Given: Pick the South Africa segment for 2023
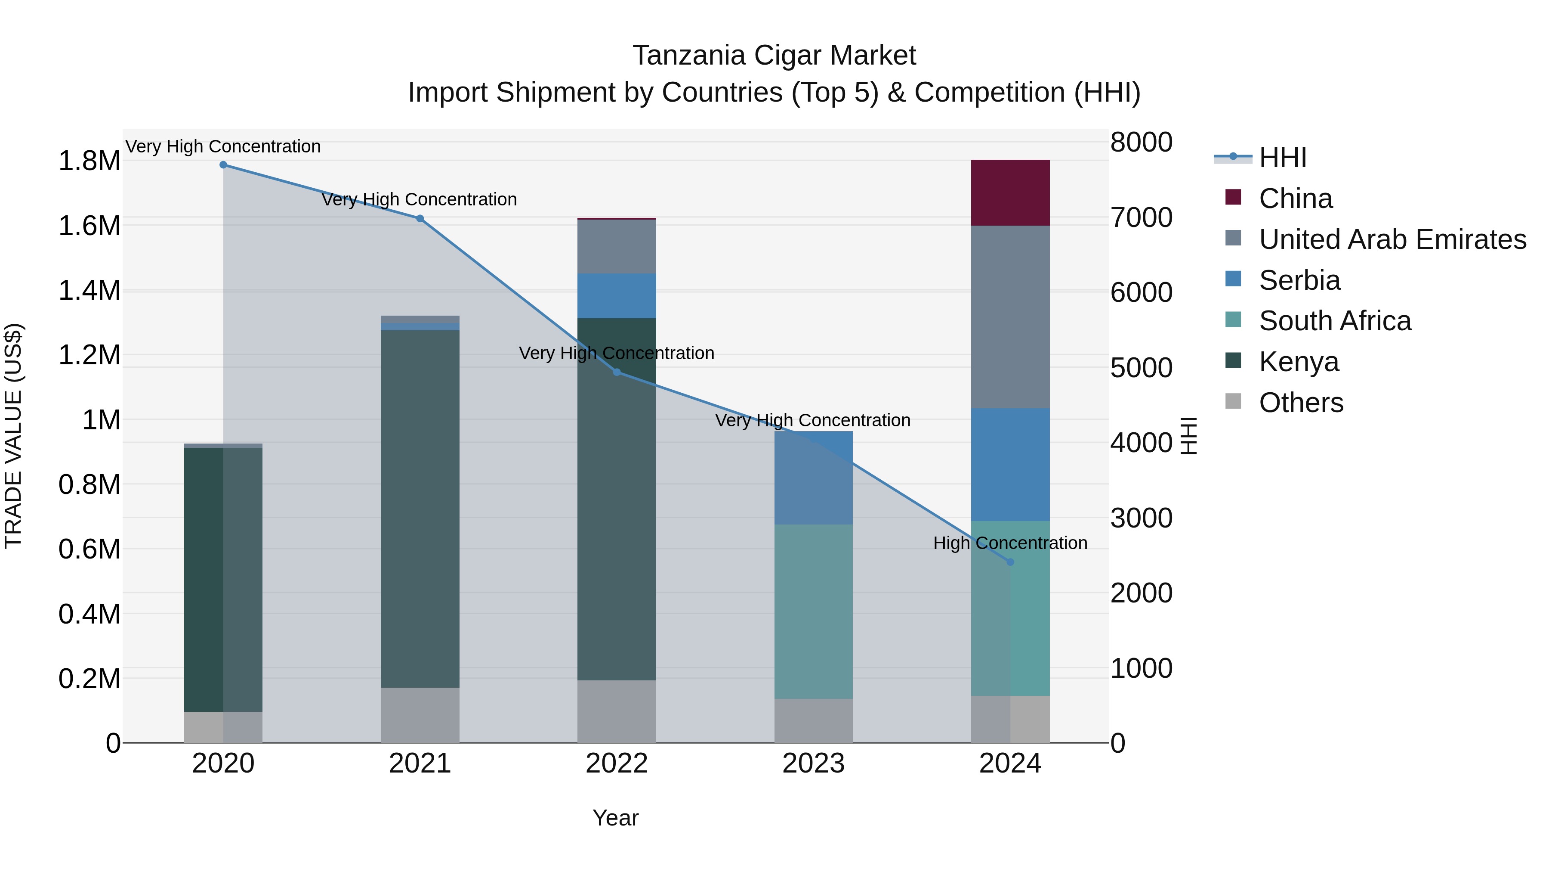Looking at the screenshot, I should point(813,611).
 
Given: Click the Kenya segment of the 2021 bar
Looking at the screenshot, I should point(420,509).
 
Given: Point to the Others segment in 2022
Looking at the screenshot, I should point(616,711).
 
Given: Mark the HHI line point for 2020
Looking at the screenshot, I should point(223,165).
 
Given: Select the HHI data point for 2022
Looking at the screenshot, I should point(616,372).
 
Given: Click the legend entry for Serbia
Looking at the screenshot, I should point(1299,280).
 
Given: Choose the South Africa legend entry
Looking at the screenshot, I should point(1334,321).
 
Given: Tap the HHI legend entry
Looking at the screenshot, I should point(1282,158).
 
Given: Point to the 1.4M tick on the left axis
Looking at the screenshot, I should point(89,291).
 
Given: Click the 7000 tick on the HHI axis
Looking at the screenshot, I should point(1141,217).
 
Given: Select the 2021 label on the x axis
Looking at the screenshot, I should point(420,763).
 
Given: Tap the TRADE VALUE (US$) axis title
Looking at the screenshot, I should point(14,436).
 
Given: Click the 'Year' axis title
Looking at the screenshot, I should point(615,818).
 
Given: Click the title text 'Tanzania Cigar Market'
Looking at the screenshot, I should point(774,56).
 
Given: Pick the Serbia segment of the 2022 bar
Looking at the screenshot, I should point(616,295).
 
